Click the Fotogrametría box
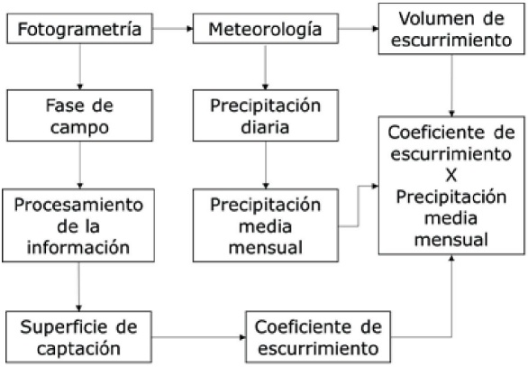tap(78, 30)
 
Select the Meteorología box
tap(265, 30)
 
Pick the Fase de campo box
tap(79, 115)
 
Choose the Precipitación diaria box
tap(265, 115)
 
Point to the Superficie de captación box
tap(79, 335)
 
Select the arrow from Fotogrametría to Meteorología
tap(173, 30)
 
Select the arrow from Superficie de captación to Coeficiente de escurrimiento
tap(198, 336)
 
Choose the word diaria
tap(265, 126)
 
